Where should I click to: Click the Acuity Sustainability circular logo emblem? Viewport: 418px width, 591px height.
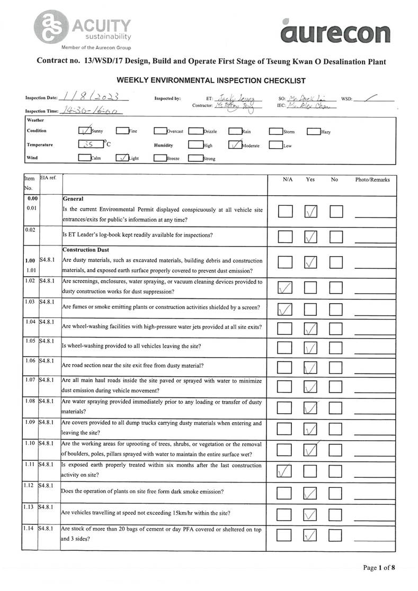pos(50,26)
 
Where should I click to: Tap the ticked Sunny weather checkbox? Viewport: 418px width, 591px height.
pos(84,131)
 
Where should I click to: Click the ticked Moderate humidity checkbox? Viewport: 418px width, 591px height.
pos(236,145)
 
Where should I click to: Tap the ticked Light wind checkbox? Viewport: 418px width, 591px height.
pos(122,158)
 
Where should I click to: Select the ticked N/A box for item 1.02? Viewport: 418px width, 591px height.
pos(285,287)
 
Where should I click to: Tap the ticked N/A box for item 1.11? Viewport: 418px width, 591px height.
pos(285,470)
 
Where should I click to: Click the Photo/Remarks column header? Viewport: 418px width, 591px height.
pos(372,180)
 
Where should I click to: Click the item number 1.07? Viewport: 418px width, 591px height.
pos(30,380)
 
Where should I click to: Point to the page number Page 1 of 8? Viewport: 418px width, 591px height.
pos(378,568)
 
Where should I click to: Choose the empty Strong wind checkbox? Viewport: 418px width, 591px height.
pos(195,158)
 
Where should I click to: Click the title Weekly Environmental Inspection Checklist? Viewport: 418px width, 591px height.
pos(211,80)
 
